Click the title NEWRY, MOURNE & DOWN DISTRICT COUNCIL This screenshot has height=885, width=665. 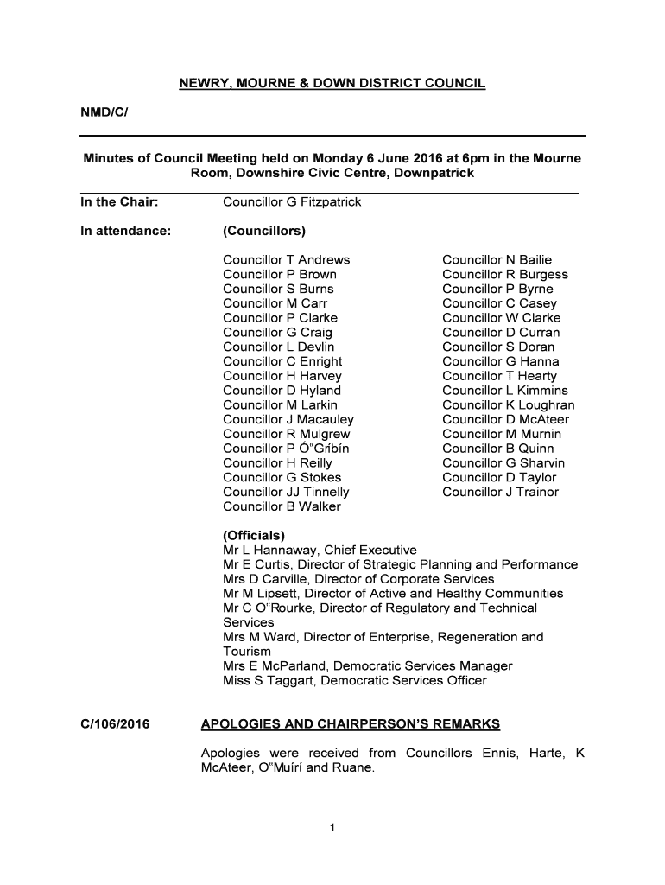click(332, 84)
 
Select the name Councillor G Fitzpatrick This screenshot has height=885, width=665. click(292, 202)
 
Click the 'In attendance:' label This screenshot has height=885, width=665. click(125, 231)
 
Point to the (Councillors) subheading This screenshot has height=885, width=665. click(264, 231)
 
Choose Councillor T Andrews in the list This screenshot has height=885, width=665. click(287, 260)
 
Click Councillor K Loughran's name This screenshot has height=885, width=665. click(508, 405)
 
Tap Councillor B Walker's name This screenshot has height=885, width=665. click(282, 506)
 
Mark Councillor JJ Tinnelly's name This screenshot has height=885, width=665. click(286, 493)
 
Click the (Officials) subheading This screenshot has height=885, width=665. click(254, 536)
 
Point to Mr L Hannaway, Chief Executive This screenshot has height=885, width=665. click(320, 551)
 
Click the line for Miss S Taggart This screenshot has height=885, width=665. click(354, 681)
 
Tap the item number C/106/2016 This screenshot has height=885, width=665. click(115, 723)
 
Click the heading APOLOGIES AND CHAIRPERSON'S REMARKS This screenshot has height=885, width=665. click(350, 723)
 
